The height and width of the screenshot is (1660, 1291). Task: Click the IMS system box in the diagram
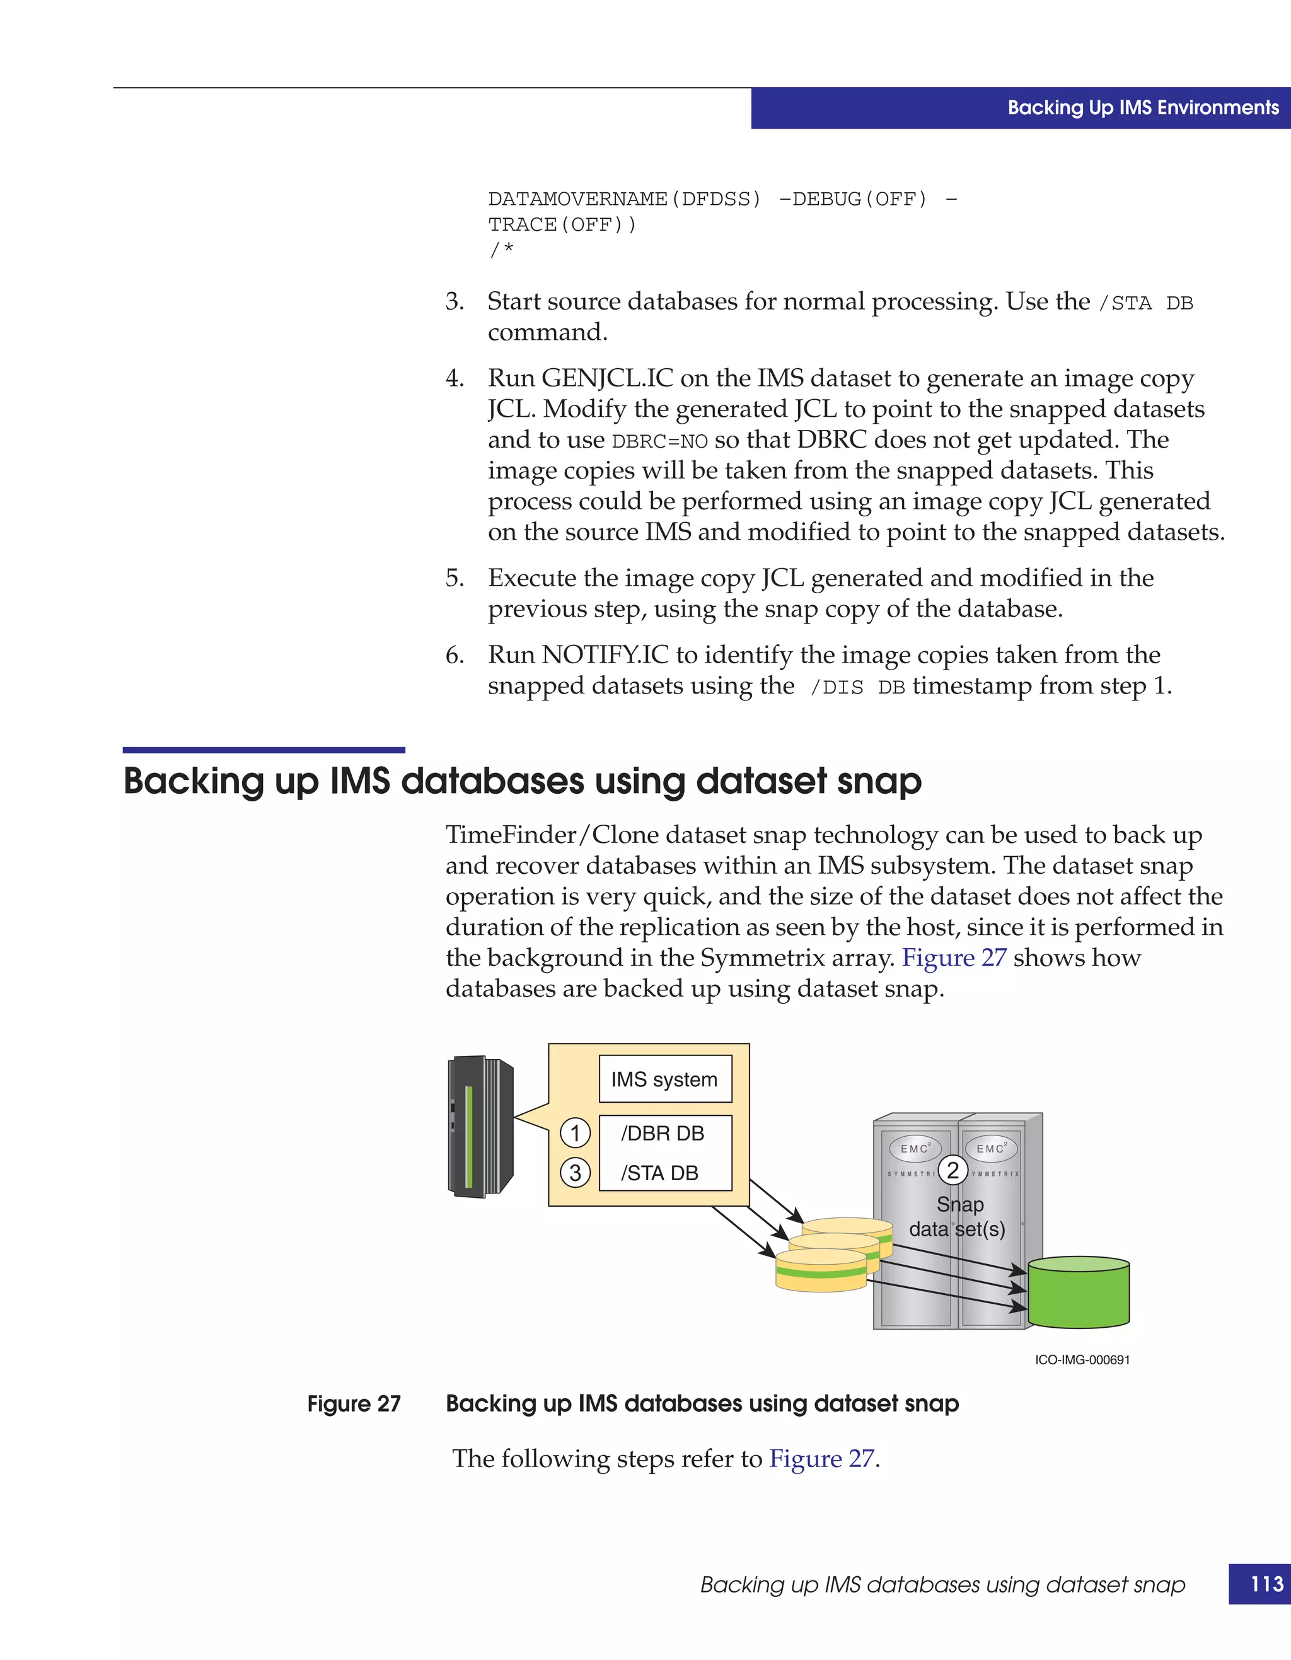pyautogui.click(x=665, y=1079)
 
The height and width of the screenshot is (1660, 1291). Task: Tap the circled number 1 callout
pyautogui.click(x=575, y=1134)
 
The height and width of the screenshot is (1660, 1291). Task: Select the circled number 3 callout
pyautogui.click(x=575, y=1173)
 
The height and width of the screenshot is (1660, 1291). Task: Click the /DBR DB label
pyautogui.click(x=663, y=1134)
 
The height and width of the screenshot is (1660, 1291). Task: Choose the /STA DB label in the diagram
pyautogui.click(x=659, y=1173)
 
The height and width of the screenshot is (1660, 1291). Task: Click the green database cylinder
pyautogui.click(x=1078, y=1293)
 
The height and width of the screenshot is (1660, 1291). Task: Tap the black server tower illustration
pyautogui.click(x=480, y=1127)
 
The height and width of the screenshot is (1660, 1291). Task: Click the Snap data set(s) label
pyautogui.click(x=958, y=1217)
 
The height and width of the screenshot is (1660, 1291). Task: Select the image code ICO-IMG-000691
pyautogui.click(x=1082, y=1360)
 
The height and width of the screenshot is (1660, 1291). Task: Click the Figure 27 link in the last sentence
pyautogui.click(x=821, y=1459)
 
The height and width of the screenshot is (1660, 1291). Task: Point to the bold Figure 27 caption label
pyautogui.click(x=354, y=1404)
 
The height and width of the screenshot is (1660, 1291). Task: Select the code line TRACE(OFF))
pyautogui.click(x=562, y=225)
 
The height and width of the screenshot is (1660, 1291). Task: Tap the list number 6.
pyautogui.click(x=454, y=655)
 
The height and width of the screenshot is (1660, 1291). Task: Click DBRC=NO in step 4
pyautogui.click(x=659, y=441)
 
